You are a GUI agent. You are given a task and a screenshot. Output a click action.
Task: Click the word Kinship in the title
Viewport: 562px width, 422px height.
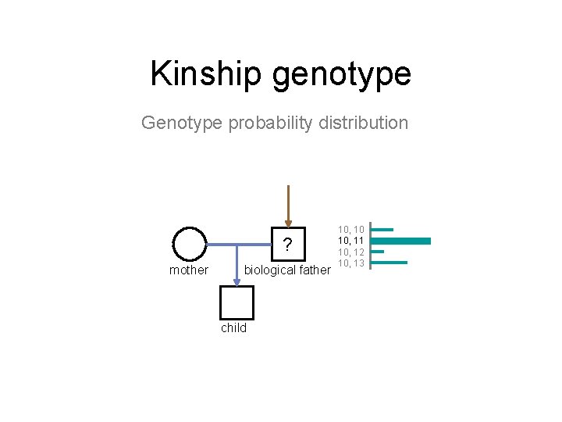click(207, 74)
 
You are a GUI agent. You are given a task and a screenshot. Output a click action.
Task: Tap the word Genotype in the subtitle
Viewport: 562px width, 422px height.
click(182, 123)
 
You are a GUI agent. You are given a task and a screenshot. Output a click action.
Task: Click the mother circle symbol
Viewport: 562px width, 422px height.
click(189, 244)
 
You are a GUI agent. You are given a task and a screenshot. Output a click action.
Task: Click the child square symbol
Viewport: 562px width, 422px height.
click(237, 302)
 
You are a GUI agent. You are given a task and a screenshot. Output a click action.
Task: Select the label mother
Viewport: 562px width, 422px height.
click(189, 270)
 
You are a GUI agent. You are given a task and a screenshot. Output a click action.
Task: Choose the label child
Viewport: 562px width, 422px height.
click(233, 328)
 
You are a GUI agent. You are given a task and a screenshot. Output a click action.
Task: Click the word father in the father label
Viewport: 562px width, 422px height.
click(315, 270)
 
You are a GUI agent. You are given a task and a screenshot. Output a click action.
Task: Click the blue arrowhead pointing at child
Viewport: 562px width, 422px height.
click(237, 281)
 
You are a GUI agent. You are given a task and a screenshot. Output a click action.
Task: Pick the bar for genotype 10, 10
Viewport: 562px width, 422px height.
click(382, 230)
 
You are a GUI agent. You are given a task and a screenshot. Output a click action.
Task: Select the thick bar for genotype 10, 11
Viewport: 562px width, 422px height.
click(401, 241)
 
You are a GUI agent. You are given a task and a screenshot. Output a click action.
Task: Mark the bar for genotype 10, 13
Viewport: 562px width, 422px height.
click(389, 263)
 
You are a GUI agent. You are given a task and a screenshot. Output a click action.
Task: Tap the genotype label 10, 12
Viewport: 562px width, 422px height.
click(351, 252)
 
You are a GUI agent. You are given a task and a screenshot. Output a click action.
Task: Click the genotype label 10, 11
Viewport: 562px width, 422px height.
click(351, 241)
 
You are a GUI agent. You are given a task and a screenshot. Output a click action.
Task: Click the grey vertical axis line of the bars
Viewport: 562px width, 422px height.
click(370, 245)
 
